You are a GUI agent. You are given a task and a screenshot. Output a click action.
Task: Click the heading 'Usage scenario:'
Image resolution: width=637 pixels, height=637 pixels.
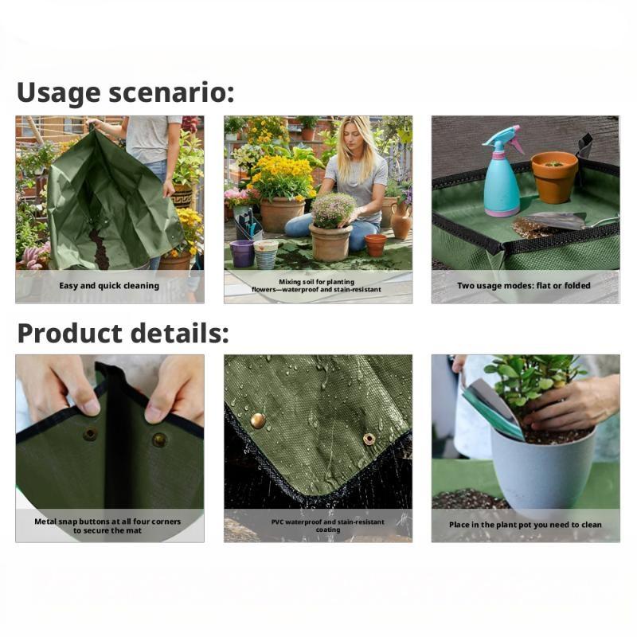click(x=126, y=92)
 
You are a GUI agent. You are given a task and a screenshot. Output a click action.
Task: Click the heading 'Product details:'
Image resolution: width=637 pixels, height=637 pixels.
click(x=123, y=333)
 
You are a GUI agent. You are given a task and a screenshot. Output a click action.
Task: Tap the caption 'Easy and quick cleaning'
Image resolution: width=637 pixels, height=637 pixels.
click(x=109, y=285)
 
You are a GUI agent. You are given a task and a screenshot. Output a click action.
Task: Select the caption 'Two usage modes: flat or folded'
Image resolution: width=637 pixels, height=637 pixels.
click(x=526, y=285)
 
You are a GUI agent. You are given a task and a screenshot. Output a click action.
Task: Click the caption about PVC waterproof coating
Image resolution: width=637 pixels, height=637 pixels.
click(x=318, y=526)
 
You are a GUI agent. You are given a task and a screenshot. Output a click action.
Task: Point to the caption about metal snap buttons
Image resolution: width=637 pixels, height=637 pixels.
click(x=109, y=526)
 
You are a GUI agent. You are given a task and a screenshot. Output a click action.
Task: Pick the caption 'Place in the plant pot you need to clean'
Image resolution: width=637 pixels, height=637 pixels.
click(x=526, y=525)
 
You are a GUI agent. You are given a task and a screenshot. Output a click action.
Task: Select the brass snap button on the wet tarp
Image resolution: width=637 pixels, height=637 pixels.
click(x=258, y=420)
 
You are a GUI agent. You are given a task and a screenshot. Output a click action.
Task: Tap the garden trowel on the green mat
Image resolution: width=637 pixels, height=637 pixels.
click(x=554, y=221)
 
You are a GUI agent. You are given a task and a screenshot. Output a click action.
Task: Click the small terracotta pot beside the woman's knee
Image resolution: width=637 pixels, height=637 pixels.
click(x=375, y=244)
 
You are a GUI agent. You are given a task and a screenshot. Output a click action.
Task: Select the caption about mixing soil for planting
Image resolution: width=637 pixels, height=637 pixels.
click(x=318, y=285)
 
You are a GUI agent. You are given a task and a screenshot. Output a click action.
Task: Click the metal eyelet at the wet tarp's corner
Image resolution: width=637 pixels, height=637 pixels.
click(x=369, y=439)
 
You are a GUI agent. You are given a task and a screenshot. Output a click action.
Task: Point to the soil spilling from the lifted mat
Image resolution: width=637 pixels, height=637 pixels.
click(x=98, y=248)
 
